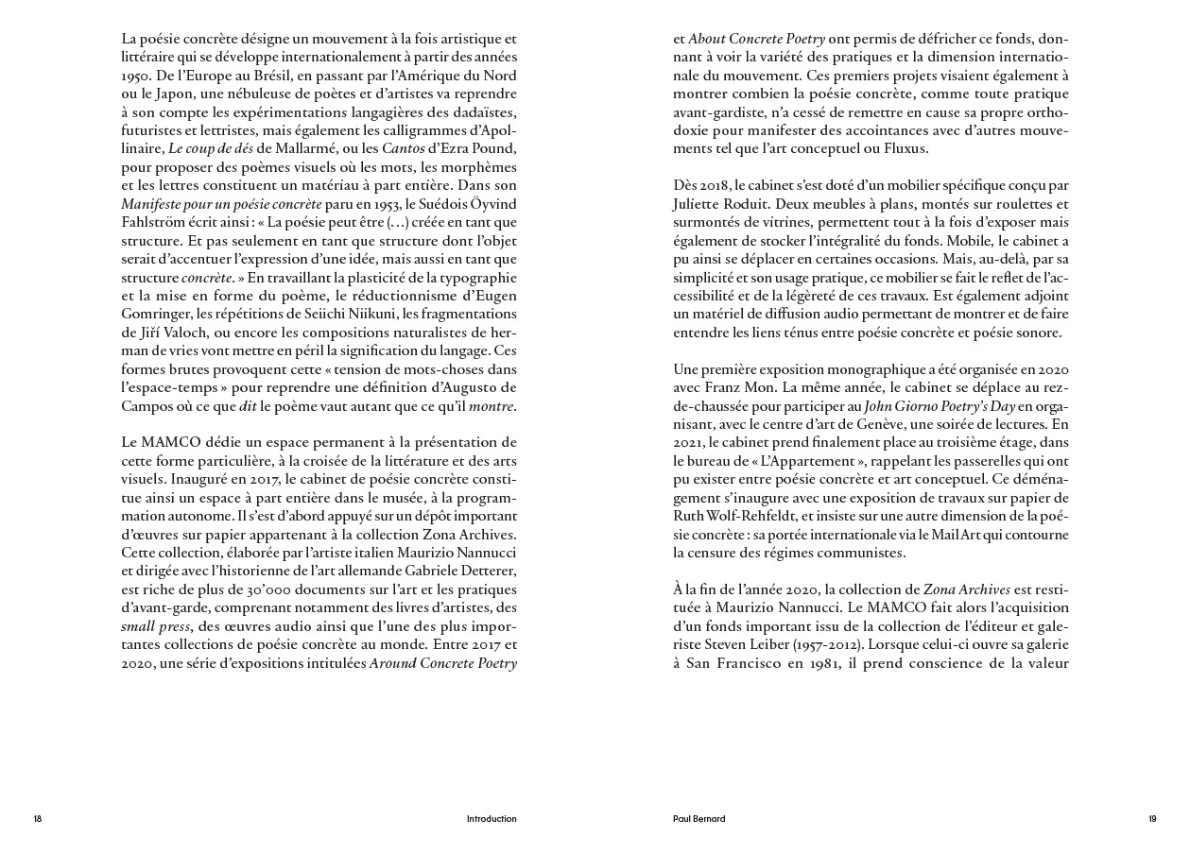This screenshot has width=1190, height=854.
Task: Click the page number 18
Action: pyautogui.click(x=38, y=819)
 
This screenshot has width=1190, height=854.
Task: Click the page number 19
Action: pyautogui.click(x=1152, y=819)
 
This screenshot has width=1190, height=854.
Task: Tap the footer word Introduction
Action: pyautogui.click(x=492, y=819)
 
